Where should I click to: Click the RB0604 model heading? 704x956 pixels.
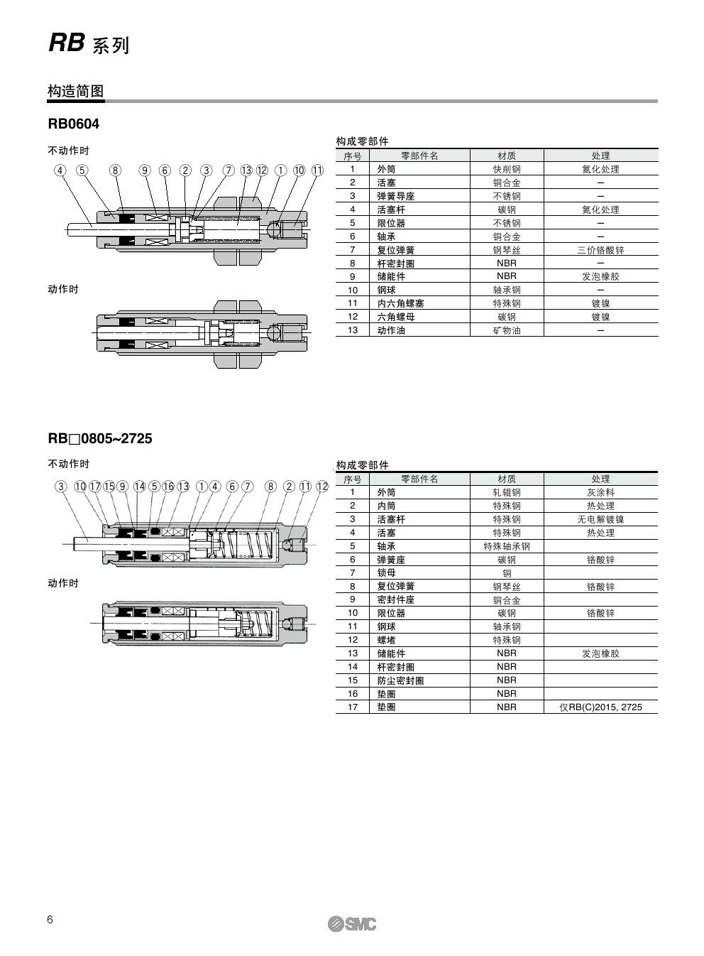(x=74, y=124)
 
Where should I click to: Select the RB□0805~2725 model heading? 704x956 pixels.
(x=100, y=438)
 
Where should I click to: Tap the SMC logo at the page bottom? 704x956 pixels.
(x=352, y=923)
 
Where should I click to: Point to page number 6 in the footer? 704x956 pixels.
(x=50, y=920)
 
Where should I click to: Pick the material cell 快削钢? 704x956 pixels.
(x=506, y=169)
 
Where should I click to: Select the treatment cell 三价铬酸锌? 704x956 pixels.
(x=600, y=250)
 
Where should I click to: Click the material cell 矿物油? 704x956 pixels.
(x=506, y=330)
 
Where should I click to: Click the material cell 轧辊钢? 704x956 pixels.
(x=506, y=492)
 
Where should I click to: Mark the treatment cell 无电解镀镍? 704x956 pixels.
(x=600, y=519)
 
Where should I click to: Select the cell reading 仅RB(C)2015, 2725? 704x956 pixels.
(x=600, y=707)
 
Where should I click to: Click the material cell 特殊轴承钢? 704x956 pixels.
(x=506, y=546)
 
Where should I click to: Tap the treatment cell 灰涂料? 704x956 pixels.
(x=600, y=492)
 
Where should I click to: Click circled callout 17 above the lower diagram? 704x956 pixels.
(x=94, y=487)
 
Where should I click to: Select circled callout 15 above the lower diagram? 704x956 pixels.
(x=109, y=487)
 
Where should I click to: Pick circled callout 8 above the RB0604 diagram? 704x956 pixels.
(x=116, y=170)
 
